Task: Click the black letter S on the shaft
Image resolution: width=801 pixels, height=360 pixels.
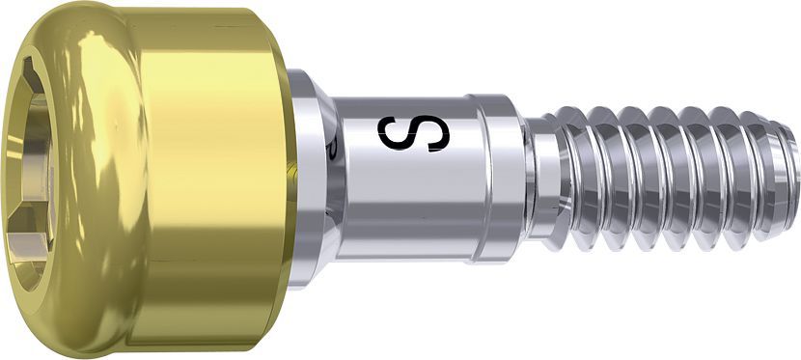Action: [414, 133]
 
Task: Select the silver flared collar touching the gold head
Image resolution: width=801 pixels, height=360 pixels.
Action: [313, 180]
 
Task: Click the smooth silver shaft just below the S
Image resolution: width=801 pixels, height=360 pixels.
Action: [408, 205]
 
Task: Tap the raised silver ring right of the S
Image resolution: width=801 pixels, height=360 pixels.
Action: [498, 179]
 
